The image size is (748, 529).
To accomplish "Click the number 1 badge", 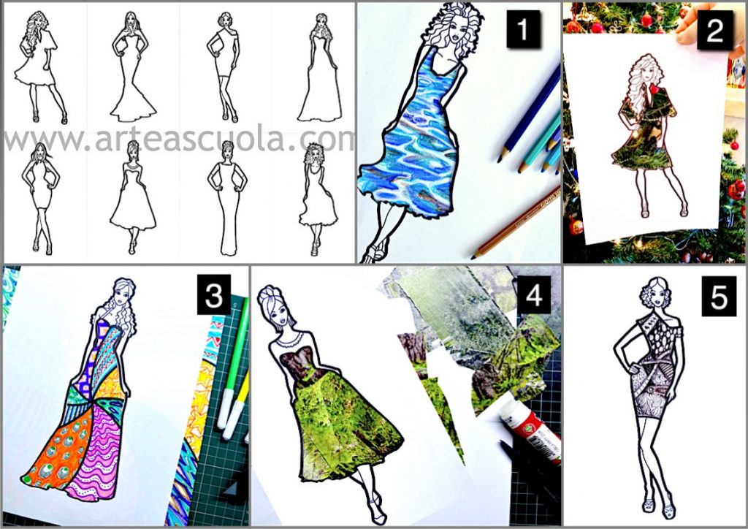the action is pos(523,29).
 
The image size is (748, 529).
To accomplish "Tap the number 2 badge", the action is pos(714,30).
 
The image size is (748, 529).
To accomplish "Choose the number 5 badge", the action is pos(719,297).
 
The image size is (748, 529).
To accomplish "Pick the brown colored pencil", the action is pos(516,223).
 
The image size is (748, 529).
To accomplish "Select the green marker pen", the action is pos(233,363).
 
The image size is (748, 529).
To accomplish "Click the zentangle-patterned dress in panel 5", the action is pos(659,362).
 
